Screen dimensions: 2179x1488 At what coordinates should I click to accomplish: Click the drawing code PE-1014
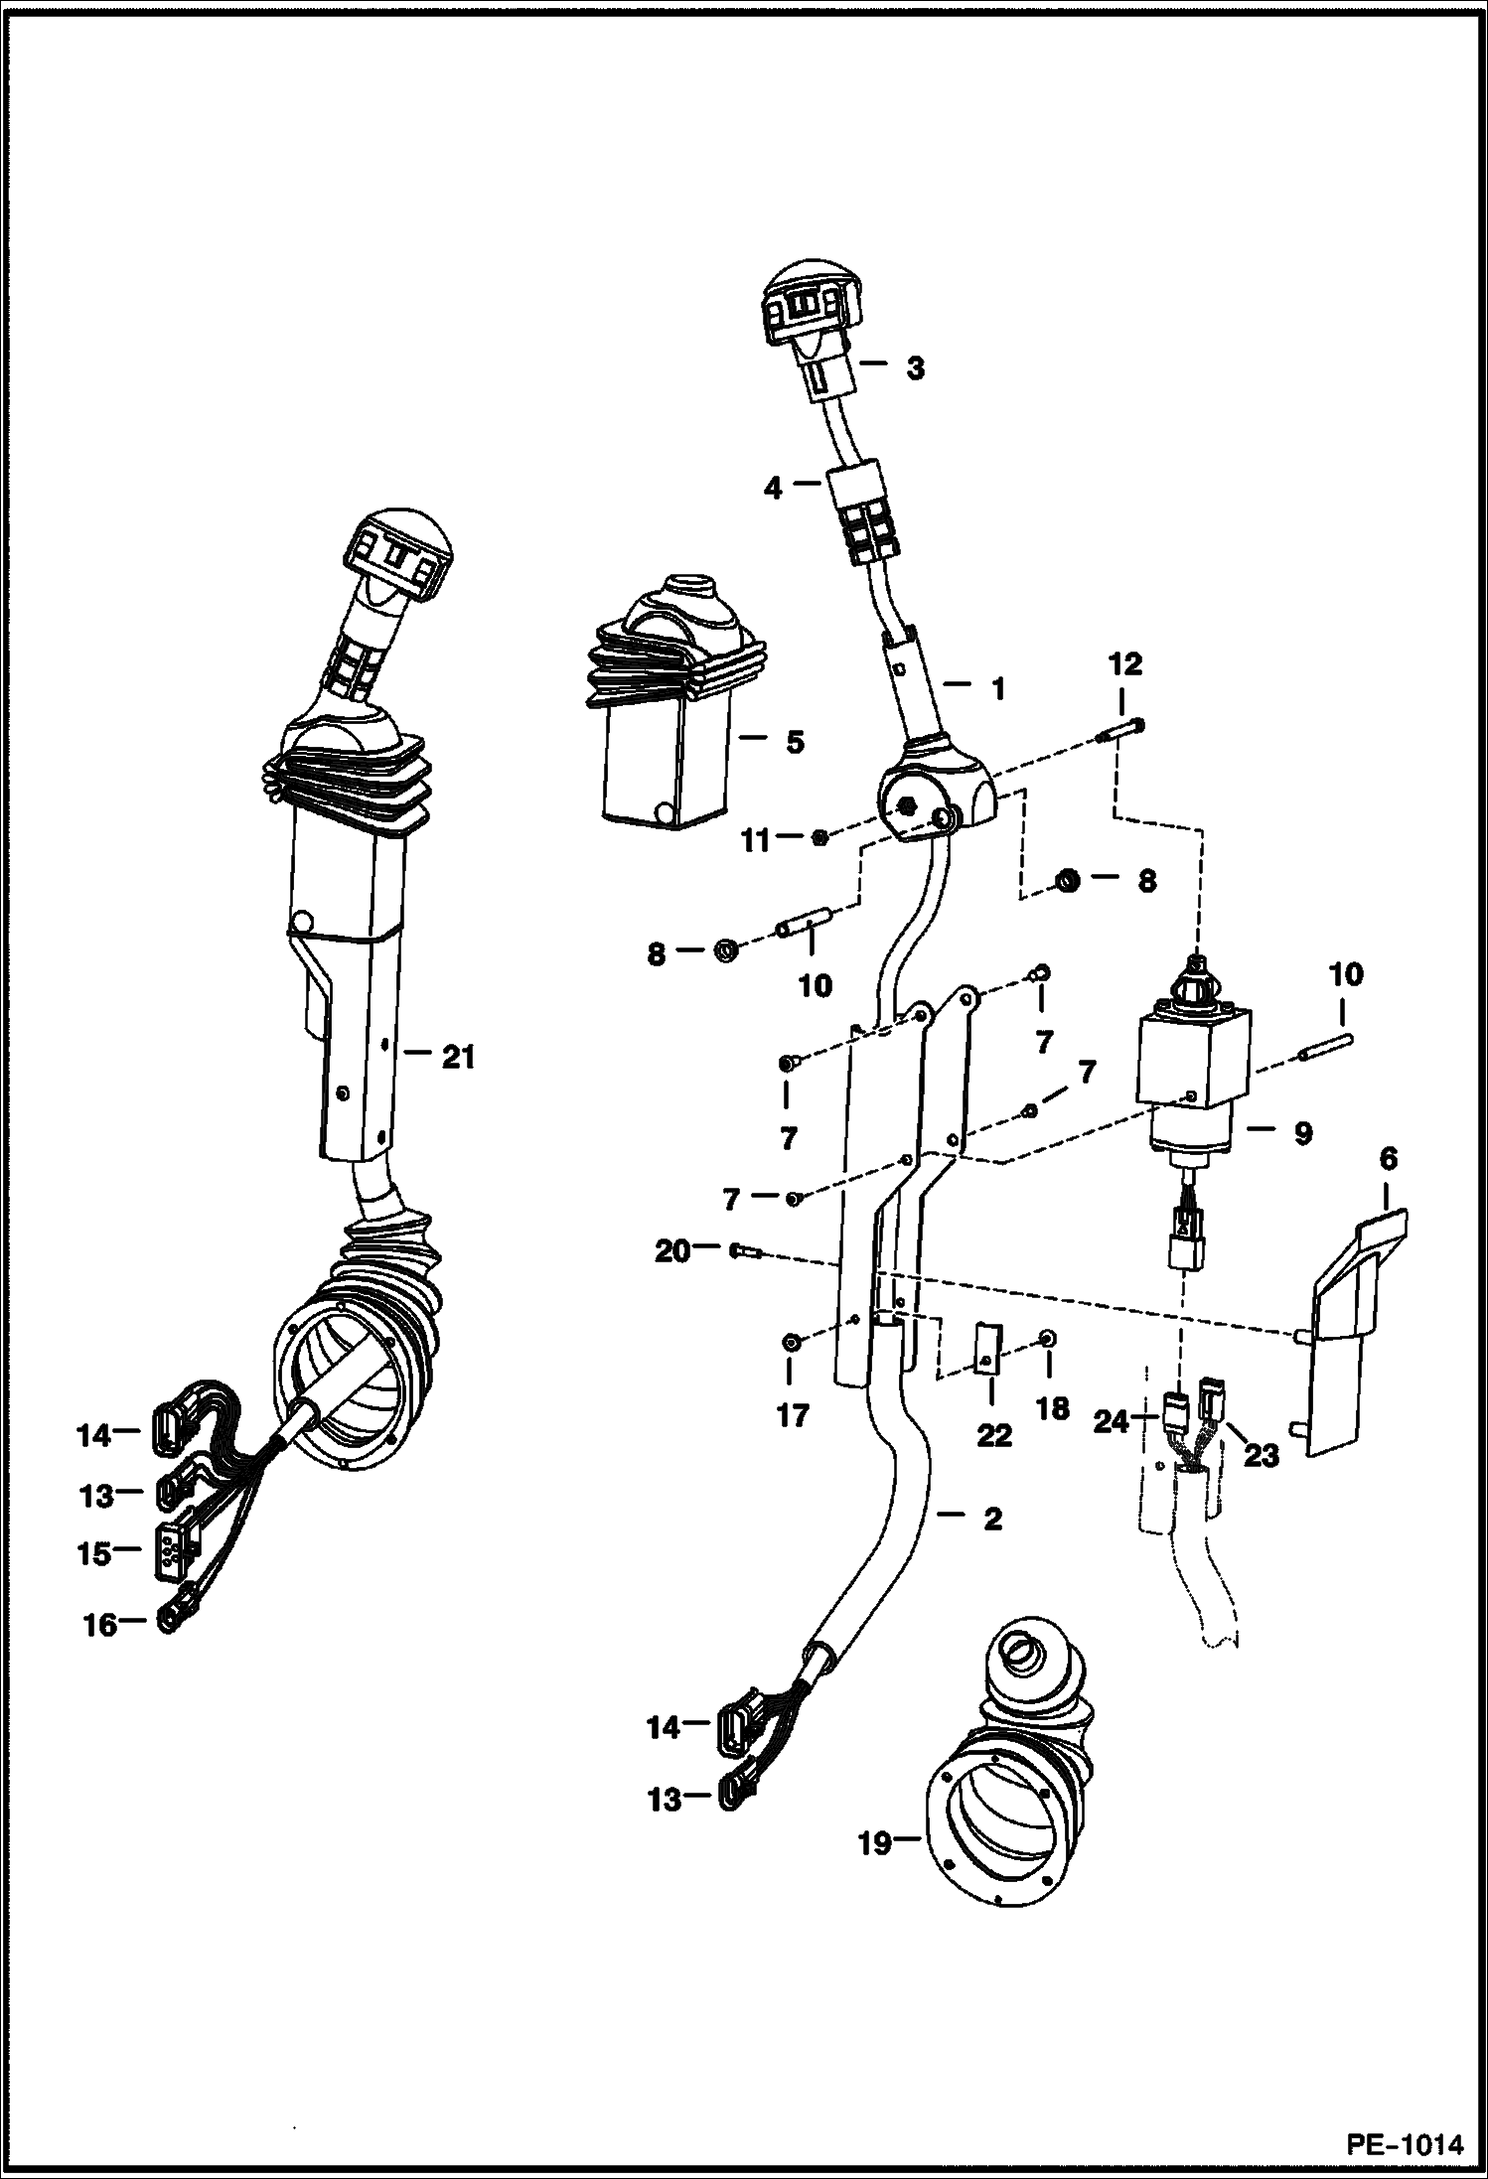pos(1404,2143)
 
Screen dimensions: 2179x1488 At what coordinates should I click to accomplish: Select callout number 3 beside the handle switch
pos(914,368)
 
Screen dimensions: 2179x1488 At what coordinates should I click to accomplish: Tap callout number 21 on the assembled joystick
pos(458,1058)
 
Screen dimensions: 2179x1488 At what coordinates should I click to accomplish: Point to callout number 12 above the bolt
pos(1124,664)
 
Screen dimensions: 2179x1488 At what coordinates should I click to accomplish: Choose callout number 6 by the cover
pos(1388,1158)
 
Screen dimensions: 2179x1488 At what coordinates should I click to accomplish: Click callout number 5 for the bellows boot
pos(795,743)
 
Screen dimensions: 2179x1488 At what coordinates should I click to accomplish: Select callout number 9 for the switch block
pos(1301,1132)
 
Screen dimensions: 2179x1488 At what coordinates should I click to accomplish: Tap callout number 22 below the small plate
pos(993,1434)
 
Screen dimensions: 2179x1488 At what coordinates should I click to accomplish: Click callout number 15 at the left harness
pos(95,1553)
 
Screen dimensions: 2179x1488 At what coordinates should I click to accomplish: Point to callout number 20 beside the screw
pos(671,1252)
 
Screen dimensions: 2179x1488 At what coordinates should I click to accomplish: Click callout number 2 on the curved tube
pos(991,1519)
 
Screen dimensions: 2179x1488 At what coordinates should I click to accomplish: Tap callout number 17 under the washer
pos(792,1414)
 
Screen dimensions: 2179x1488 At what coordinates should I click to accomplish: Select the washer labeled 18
pos(1047,1341)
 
